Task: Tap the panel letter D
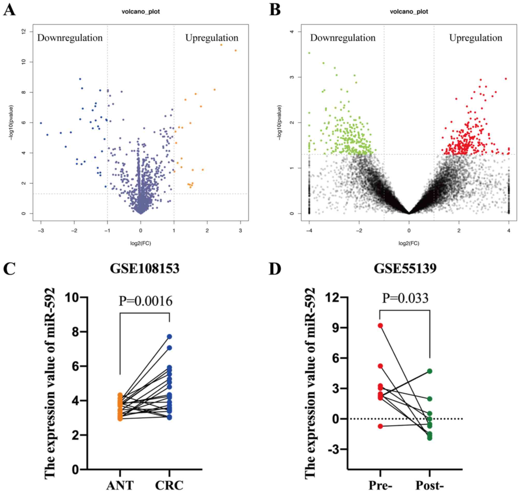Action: coord(275,269)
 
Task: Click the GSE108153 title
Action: coord(144,269)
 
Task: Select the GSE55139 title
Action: coord(405,269)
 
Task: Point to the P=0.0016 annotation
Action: coord(146,301)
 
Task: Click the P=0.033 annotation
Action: coord(405,298)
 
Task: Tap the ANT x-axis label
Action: coord(120,486)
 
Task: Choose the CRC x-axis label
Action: coord(169,486)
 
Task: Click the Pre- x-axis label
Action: coord(380,486)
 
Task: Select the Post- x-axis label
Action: coord(429,486)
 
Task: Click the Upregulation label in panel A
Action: coord(212,38)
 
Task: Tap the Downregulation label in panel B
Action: coord(343,38)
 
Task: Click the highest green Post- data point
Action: coord(430,371)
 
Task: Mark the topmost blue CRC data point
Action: coord(169,336)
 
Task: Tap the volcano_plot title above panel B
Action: coord(409,12)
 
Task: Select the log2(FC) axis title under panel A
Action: coord(141,243)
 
